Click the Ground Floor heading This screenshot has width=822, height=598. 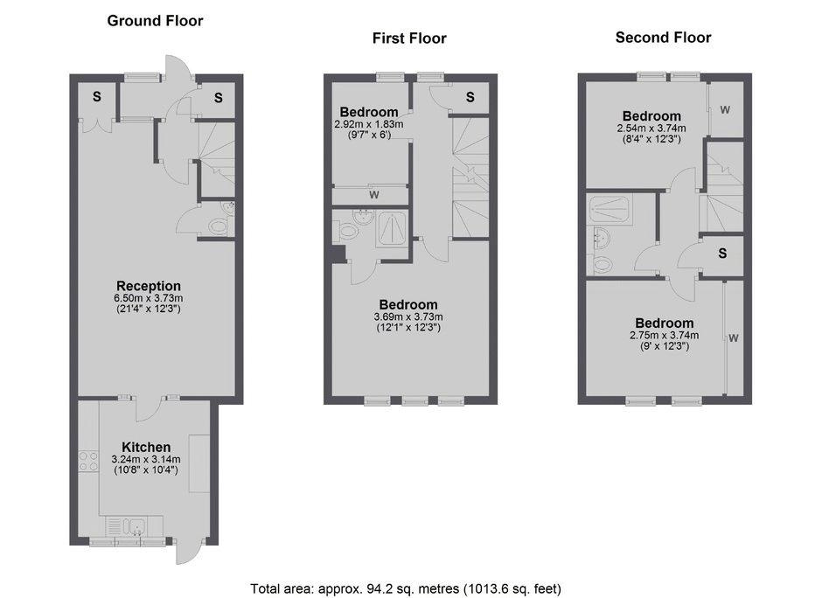155,21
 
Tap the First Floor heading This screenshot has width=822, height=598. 409,38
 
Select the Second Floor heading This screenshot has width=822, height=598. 663,38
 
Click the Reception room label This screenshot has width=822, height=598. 149,286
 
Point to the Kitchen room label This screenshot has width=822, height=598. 146,447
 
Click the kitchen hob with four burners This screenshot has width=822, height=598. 88,461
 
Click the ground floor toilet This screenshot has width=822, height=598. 218,227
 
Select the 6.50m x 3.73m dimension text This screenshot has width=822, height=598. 149,298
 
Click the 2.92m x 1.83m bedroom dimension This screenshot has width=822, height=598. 369,124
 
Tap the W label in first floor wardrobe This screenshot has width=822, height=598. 373,195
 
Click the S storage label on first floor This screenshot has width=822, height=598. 470,97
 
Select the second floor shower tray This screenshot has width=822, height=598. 610,210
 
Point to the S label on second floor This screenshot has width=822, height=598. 722,254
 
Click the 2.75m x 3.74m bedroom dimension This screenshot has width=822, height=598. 665,336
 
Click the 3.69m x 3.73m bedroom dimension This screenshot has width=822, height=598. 408,317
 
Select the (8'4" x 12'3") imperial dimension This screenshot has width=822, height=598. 651,139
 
